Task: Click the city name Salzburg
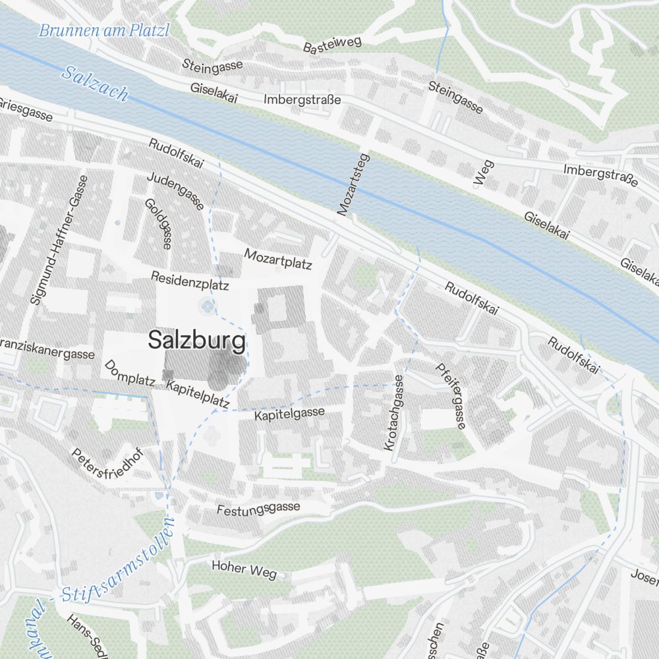pyautogui.click(x=196, y=341)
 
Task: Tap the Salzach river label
pyautogui.click(x=95, y=83)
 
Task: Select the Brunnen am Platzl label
pyautogui.click(x=104, y=30)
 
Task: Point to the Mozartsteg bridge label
pyautogui.click(x=354, y=185)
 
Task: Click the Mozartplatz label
pyautogui.click(x=277, y=258)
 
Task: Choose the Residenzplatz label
pyautogui.click(x=189, y=281)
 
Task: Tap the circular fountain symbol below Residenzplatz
pyautogui.click(x=208, y=306)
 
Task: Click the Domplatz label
pyautogui.click(x=129, y=373)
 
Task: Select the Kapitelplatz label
pyautogui.click(x=198, y=394)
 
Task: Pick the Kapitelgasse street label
pyautogui.click(x=289, y=415)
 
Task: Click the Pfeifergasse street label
pyautogui.click(x=451, y=395)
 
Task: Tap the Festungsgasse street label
pyautogui.click(x=258, y=509)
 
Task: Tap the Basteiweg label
pyautogui.click(x=333, y=45)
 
